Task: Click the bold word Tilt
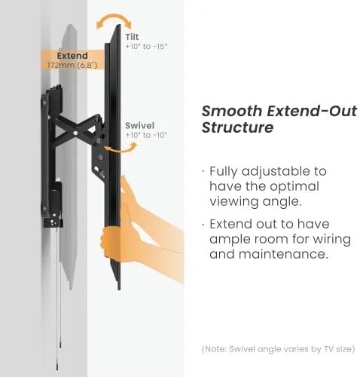click(132, 37)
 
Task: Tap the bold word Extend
click(72, 56)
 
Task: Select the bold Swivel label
click(139, 125)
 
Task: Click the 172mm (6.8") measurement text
click(72, 66)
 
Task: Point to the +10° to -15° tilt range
click(147, 47)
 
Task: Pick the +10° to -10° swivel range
click(146, 135)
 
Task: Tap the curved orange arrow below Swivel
click(121, 149)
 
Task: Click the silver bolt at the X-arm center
click(75, 133)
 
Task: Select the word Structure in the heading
click(237, 127)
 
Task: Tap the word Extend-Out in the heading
click(312, 111)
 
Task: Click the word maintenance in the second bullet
click(283, 254)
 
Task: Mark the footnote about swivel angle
click(279, 349)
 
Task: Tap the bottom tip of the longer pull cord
click(58, 369)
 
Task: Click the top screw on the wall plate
click(44, 103)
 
